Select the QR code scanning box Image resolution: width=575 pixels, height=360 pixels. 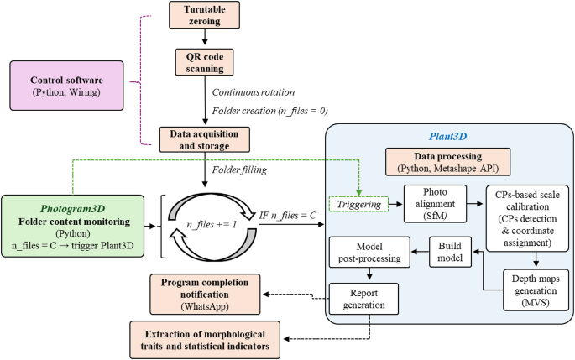coord(204,62)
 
